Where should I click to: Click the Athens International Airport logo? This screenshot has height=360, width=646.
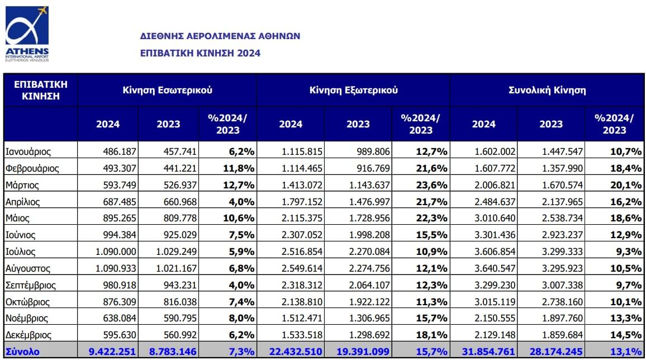pos(27,34)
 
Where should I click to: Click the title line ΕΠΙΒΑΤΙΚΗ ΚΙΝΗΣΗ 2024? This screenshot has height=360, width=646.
pos(200,53)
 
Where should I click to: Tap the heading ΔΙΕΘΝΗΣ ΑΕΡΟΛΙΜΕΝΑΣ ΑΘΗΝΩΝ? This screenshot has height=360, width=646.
pos(220,36)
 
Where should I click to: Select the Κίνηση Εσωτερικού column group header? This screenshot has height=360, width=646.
pos(167,90)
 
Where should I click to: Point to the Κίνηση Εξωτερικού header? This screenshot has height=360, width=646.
pos(354,90)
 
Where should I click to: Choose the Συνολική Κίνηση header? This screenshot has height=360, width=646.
pos(547,90)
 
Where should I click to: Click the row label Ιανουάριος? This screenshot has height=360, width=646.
pos(28,151)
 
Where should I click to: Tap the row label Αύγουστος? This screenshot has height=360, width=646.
pos(27,268)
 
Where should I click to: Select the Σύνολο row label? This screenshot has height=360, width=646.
pos(22,352)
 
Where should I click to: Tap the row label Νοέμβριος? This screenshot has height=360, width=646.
pos(27,319)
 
